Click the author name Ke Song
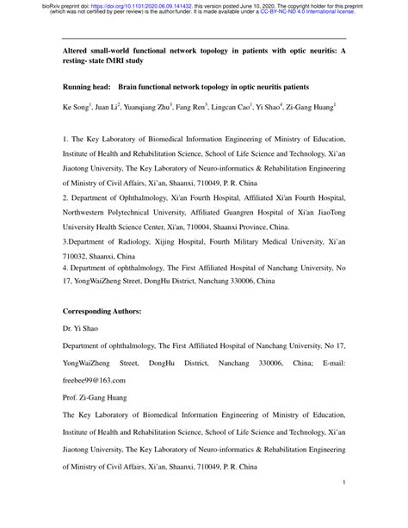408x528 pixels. (x=77, y=111)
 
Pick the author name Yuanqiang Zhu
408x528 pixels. (x=147, y=111)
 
